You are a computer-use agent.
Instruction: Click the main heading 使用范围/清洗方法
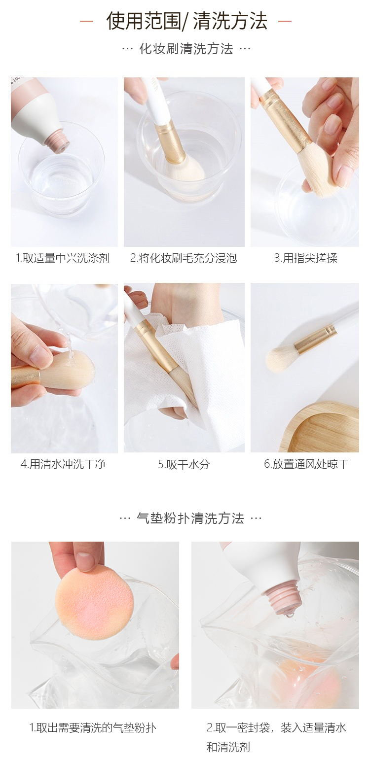point(186,21)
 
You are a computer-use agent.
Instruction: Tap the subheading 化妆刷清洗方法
point(186,49)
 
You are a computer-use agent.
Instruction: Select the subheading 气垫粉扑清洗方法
point(190,518)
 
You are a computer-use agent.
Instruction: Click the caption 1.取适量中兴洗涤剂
point(63,258)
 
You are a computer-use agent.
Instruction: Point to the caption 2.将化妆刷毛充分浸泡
point(184,258)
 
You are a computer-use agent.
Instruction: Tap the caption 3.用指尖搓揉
point(306,258)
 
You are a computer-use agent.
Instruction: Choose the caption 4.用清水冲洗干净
point(63,464)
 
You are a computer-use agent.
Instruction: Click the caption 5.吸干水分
point(184,464)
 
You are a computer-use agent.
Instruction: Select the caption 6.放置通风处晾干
point(306,464)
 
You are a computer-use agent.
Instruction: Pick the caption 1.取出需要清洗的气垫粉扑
point(93,728)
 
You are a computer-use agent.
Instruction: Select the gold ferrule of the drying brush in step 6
point(315,339)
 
